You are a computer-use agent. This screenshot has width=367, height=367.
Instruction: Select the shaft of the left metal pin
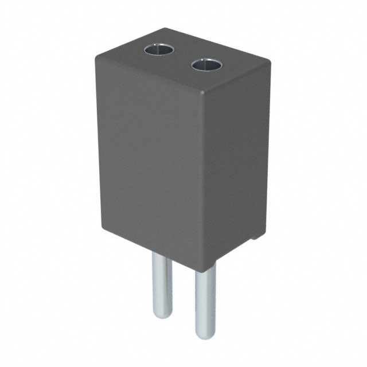pos(161,281)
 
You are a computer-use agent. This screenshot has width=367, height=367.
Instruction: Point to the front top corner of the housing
pos(205,93)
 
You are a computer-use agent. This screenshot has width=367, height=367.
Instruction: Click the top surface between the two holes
pos(182,58)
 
